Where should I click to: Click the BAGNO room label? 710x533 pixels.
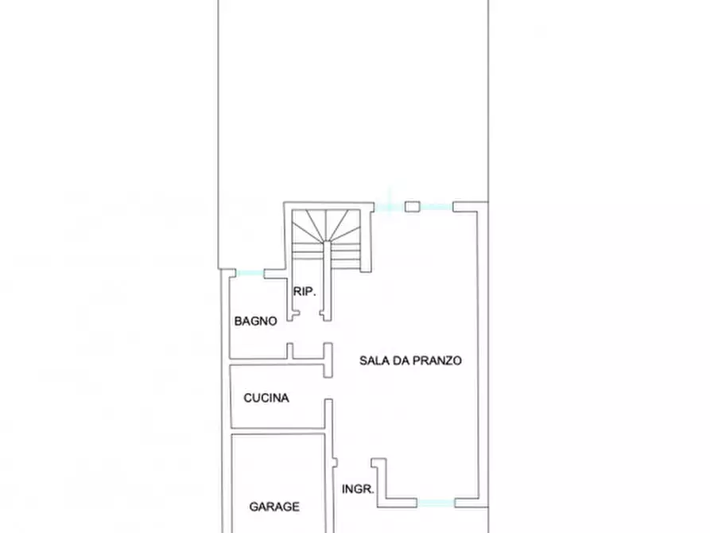[x=255, y=321]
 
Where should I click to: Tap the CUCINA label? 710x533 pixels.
[x=266, y=398]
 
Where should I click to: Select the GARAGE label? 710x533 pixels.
[x=274, y=506]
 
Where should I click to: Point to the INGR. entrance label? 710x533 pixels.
[x=358, y=489]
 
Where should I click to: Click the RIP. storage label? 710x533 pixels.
[x=305, y=292]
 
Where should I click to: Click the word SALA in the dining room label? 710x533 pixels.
[x=374, y=360]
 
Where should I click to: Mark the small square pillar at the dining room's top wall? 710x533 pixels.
[x=412, y=207]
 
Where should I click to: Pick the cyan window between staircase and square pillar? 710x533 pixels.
[x=389, y=207]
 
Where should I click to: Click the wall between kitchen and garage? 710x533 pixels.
[x=277, y=430]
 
